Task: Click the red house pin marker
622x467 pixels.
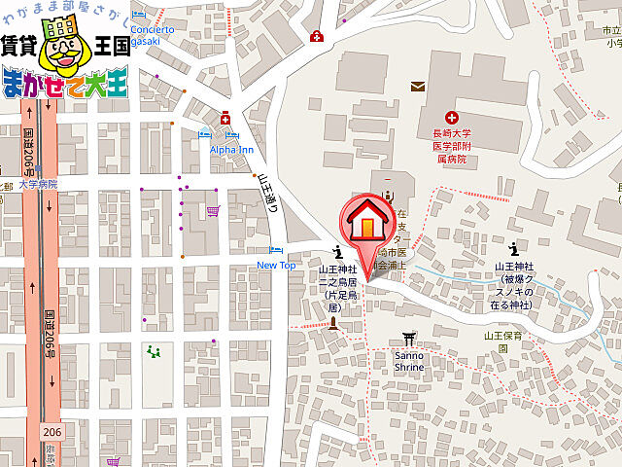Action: tap(365, 222)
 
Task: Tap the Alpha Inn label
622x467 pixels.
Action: tap(231, 150)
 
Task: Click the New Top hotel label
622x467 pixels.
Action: tap(276, 265)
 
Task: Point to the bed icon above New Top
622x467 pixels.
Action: tap(276, 250)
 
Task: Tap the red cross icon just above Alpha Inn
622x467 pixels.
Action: tap(225, 119)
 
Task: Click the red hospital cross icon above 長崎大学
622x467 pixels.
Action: tap(452, 116)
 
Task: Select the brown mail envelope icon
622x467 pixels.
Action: tap(418, 87)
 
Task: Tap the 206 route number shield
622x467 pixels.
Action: tap(52, 431)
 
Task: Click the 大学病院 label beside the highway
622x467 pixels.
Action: tap(38, 184)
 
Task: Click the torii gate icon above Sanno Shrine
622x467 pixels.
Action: tap(408, 340)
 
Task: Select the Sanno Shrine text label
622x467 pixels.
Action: tap(408, 362)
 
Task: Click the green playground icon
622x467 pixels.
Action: tap(152, 351)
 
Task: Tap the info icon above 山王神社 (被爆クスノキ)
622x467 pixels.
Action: tap(512, 248)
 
